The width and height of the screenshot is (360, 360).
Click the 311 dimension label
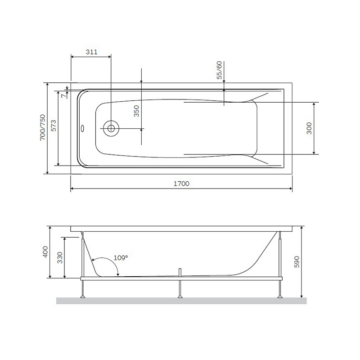click(x=91, y=52)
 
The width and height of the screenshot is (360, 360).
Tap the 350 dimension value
click(x=137, y=110)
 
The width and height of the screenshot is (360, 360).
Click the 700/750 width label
click(x=42, y=128)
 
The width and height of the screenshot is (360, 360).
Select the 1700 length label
click(x=181, y=184)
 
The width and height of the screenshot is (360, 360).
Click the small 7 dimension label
click(x=64, y=94)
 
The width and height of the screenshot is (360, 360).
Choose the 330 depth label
click(x=59, y=257)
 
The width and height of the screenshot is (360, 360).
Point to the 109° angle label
click(x=120, y=257)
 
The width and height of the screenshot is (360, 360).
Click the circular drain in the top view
click(x=110, y=128)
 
